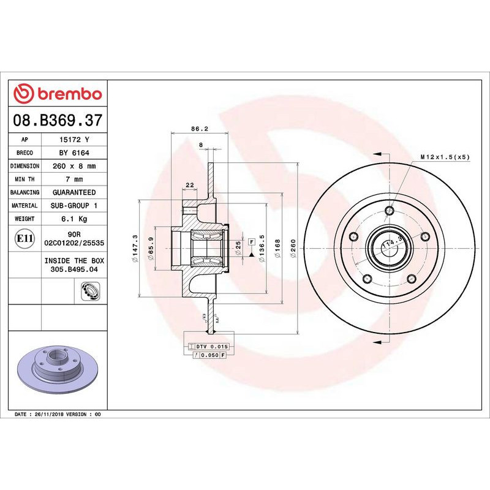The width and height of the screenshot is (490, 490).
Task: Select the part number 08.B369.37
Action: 58,120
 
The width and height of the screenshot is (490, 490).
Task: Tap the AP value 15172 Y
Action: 74,140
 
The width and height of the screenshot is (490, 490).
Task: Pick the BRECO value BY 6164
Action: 74,153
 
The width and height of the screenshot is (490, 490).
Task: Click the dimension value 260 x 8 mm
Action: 74,166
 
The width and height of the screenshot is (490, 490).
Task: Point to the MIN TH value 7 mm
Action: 74,179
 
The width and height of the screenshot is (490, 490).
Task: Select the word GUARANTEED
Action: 74,192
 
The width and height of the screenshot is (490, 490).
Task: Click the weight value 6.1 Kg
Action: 74,219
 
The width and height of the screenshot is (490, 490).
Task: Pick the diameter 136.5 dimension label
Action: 262,247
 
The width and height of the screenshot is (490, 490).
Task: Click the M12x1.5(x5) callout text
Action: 445,157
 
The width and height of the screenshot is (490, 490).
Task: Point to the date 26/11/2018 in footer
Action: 49,415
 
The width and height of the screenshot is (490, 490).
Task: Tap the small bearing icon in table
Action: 89,292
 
